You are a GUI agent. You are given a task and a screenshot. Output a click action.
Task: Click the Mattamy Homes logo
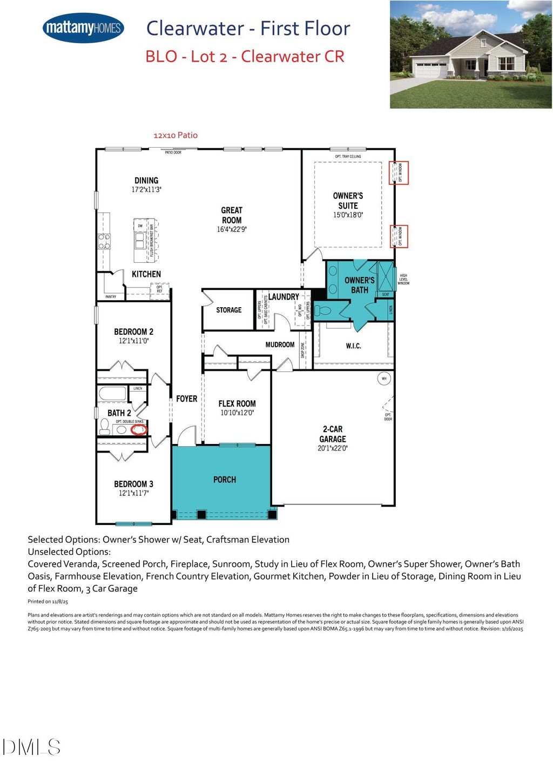(x=83, y=28)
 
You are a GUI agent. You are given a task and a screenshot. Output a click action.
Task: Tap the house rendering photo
(x=470, y=54)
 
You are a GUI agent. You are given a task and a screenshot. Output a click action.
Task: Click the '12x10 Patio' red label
(x=176, y=135)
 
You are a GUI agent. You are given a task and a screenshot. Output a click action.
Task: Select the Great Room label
(x=232, y=215)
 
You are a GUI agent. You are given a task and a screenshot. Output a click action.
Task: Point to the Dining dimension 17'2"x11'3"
(x=146, y=190)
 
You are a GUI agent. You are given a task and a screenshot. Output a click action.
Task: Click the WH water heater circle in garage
(x=384, y=379)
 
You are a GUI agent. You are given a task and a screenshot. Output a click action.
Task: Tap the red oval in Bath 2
(x=139, y=430)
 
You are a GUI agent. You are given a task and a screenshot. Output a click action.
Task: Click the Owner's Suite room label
(x=348, y=201)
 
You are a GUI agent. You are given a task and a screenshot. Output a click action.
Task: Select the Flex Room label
(x=237, y=403)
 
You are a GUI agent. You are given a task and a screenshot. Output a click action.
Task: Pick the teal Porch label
(x=225, y=480)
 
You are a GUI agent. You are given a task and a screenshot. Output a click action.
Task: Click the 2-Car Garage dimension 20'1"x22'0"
(x=333, y=448)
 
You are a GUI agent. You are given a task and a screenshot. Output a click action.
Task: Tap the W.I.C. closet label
(x=353, y=346)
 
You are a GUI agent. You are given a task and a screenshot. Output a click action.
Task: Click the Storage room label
(x=228, y=310)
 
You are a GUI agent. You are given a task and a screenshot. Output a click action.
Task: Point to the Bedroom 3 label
(x=133, y=484)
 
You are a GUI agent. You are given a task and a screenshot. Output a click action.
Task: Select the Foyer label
(x=186, y=399)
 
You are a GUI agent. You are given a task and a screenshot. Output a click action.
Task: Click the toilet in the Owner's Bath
(x=323, y=311)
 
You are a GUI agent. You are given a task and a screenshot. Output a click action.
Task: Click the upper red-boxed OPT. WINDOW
(x=399, y=172)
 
